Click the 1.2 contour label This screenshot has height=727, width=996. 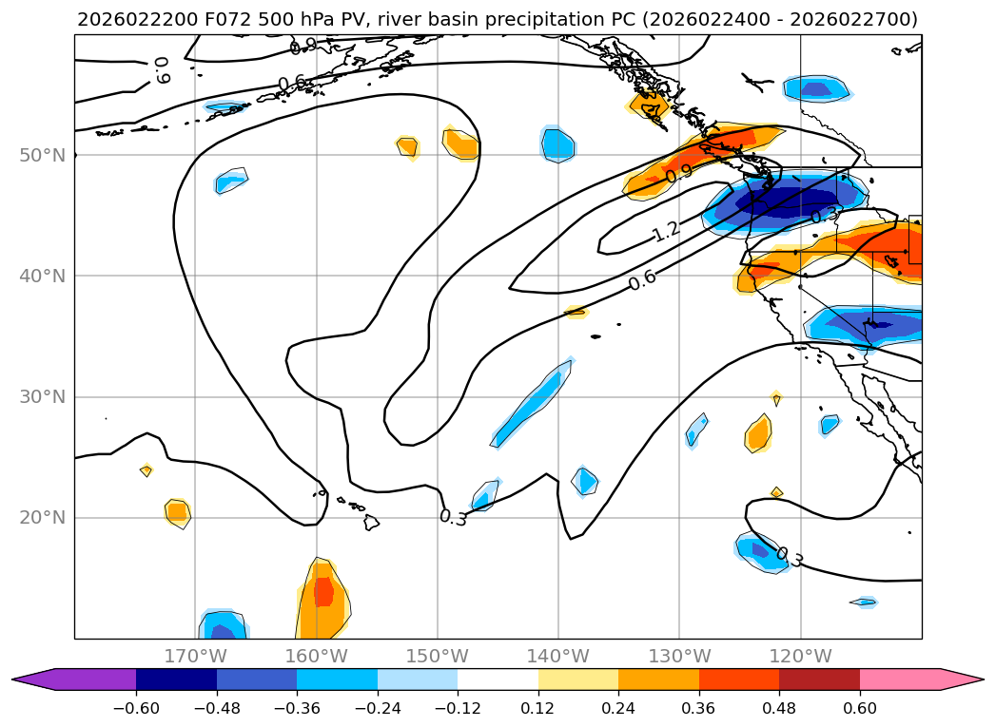tap(666, 231)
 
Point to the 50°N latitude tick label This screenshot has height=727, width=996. tap(42, 155)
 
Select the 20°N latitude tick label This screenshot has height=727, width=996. tap(42, 518)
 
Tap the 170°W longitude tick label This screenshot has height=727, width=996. tap(195, 656)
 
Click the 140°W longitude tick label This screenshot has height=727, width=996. tap(558, 656)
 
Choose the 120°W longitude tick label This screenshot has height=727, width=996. tap(800, 656)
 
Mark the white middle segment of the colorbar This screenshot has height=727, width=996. tap(498, 679)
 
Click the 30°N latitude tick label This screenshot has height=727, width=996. tap(42, 397)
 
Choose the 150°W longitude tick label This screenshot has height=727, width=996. tap(438, 656)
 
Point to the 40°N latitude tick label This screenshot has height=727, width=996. tap(42, 276)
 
